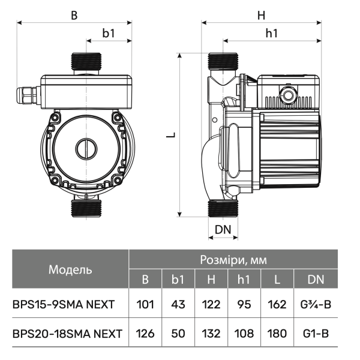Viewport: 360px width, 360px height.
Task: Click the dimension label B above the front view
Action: pos(74,16)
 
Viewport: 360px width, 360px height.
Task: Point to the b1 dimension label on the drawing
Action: pos(109,34)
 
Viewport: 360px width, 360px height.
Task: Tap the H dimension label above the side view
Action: pos(261,16)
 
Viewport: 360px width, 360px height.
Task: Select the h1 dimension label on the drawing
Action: pos(272,34)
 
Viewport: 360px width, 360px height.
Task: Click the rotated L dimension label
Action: pos(171,135)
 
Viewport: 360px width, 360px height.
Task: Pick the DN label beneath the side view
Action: pos(223,229)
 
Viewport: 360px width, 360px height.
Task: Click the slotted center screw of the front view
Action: pos(86,149)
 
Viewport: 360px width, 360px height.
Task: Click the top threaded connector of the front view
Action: pos(86,61)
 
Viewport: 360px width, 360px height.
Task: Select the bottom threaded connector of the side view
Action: pos(223,208)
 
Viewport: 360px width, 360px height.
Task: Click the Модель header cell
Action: pos(70,269)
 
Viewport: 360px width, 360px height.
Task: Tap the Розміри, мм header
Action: pos(233,260)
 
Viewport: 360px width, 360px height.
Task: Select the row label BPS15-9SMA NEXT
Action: pos(64,305)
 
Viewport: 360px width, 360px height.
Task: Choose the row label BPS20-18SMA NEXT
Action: pos(67,334)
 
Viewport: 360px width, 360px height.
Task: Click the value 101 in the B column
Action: pos(145,305)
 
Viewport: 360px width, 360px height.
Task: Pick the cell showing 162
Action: pos(277,305)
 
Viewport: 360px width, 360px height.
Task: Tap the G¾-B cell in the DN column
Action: pos(316,305)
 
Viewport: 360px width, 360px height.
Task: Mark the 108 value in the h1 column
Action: pos(244,334)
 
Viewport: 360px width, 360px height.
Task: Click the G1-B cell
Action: pos(316,334)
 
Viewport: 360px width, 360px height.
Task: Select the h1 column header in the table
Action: pos(244,280)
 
